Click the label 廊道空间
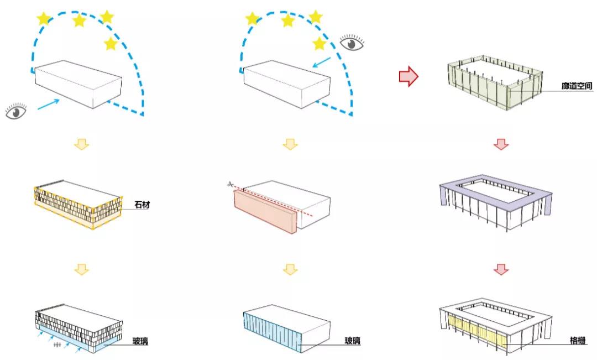point(577,86)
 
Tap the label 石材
point(142,205)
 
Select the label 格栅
point(578,340)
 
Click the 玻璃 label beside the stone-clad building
point(140,341)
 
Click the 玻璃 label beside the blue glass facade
point(353,341)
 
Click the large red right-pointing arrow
point(409,76)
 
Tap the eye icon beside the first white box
point(16,111)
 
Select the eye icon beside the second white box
point(352,43)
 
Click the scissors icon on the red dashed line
point(230,184)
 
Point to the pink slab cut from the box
point(265,211)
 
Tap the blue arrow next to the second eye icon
point(322,62)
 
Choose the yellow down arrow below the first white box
point(81,144)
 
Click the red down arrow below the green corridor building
point(501,144)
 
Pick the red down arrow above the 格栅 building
point(501,269)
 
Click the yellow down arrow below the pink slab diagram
point(290,269)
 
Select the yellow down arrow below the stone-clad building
point(81,269)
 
